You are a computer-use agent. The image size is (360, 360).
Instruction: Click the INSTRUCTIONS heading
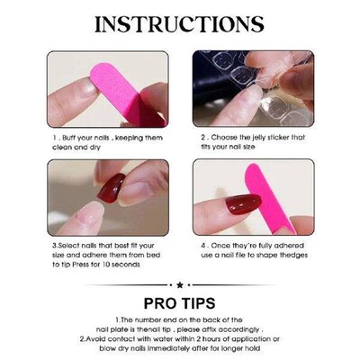[x=179, y=23]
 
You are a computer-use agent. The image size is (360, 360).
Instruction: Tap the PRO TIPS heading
[x=180, y=303]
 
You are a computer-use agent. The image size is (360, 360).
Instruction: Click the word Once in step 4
[x=220, y=245]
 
